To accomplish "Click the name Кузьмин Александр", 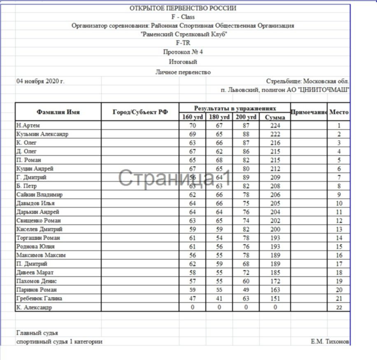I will tap(42, 134).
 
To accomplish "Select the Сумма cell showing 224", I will tap(275, 126).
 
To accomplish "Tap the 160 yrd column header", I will tap(192, 117).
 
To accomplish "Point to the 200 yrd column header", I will tap(246, 117).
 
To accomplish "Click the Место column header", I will tap(339, 112).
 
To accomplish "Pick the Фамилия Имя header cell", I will tap(58, 112).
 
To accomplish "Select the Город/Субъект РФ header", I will tap(140, 112).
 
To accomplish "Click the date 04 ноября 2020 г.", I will tap(40, 81).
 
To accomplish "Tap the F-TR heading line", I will tap(183, 42).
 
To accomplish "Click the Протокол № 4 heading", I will tap(183, 52).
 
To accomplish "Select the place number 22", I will tap(339, 307).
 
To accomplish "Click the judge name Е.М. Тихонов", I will tap(330, 342).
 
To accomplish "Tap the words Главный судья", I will tap(37, 333).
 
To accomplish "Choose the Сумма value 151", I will tap(275, 299).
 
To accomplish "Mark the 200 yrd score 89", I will tap(246, 178).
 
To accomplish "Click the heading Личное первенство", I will tap(183, 72).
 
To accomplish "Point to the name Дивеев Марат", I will tap(35, 273).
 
